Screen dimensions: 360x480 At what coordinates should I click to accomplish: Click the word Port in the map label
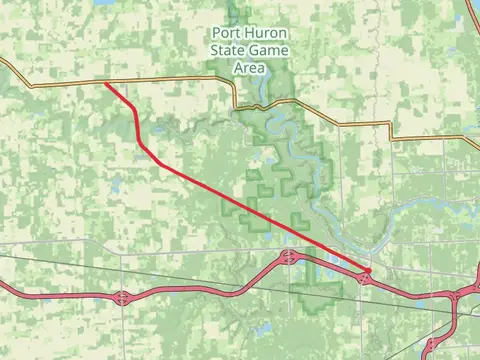(x=225, y=32)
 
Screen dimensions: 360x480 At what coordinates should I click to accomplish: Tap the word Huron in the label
(x=265, y=32)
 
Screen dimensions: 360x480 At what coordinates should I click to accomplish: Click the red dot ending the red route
(x=368, y=271)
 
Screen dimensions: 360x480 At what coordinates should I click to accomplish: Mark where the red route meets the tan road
(x=105, y=83)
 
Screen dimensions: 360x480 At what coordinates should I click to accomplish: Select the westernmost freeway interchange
(x=122, y=297)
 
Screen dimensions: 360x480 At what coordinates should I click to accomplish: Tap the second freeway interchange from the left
(x=288, y=258)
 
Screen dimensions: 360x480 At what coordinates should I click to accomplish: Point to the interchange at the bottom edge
(x=430, y=348)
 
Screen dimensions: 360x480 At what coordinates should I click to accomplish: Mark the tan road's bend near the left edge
(x=14, y=72)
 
